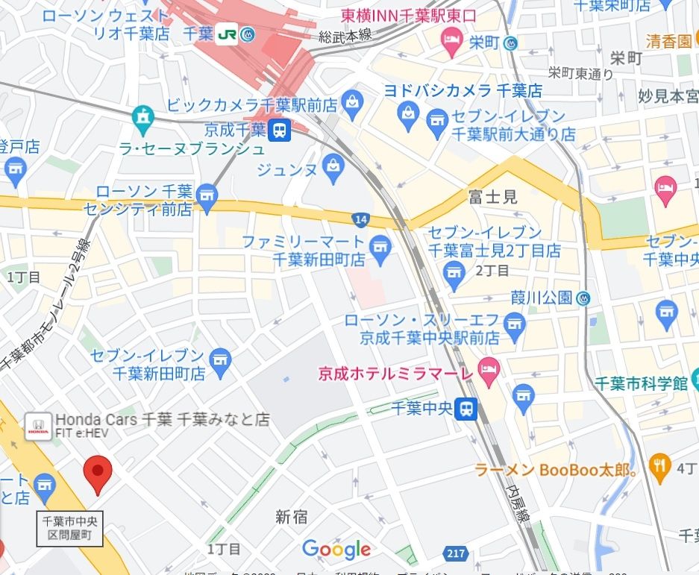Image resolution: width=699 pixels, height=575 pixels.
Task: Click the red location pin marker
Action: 97,474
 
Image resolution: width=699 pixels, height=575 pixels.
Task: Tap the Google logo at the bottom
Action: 336,550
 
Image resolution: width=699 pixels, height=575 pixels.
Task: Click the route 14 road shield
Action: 361,219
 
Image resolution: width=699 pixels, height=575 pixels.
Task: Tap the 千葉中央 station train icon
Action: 467,408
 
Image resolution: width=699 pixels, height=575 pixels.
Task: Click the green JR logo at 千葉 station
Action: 228,35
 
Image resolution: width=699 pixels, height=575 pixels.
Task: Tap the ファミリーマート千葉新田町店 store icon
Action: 381,245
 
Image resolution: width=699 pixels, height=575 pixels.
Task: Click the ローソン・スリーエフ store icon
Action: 514,324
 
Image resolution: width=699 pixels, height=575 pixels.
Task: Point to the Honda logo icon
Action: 37,427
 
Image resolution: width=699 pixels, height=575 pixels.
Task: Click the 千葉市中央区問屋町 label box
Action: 69,528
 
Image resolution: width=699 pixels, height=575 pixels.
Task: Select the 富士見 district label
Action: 493,197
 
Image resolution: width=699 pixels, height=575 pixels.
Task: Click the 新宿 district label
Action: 292,516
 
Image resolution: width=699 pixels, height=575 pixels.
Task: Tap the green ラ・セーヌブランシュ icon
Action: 141,117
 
